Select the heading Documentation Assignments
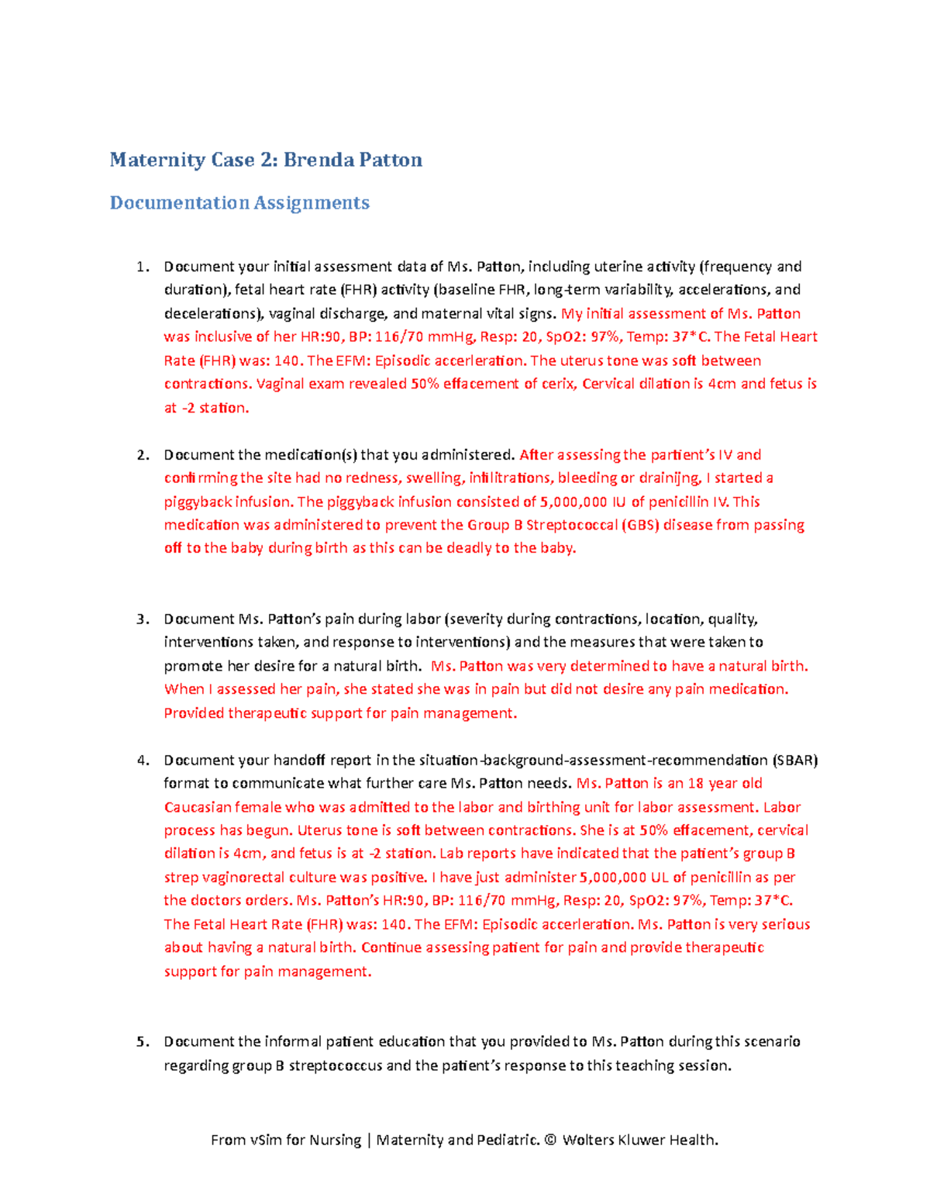click(239, 203)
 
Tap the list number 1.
click(141, 267)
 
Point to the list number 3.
click(141, 619)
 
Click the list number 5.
click(141, 1042)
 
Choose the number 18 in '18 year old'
click(696, 783)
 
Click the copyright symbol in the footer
click(550, 1140)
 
